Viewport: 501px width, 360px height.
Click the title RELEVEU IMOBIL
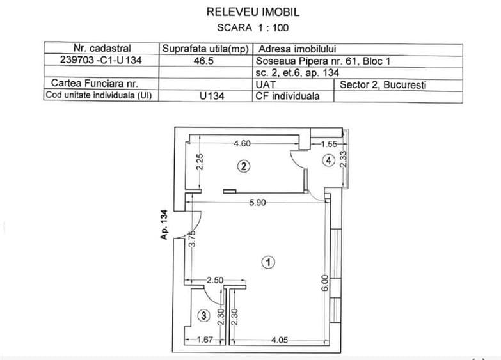pos(253,12)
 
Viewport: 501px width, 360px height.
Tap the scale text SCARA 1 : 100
pos(253,27)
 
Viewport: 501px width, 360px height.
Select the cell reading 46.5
pos(203,60)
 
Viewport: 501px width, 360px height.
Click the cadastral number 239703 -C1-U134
pos(101,59)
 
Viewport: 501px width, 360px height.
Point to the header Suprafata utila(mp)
pos(205,49)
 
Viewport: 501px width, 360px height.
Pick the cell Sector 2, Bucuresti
pos(383,85)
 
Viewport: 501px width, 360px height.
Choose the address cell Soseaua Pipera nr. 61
pos(306,61)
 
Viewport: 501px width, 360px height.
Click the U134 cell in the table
pos(212,96)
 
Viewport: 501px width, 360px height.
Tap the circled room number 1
pos(268,262)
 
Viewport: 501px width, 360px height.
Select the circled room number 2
pos(244,166)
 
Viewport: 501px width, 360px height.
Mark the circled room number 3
pos(204,317)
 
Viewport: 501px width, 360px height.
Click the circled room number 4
pos(329,160)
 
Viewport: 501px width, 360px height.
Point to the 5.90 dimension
pos(257,203)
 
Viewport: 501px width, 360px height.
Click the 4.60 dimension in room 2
pos(243,143)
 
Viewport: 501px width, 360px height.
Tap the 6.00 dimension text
pos(324,283)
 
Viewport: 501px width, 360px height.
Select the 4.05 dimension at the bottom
pos(280,340)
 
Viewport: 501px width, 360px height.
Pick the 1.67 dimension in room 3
pos(205,340)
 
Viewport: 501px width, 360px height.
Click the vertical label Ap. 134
pos(164,224)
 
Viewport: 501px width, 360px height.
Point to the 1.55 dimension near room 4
pos(329,144)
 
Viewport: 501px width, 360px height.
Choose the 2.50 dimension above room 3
pos(215,281)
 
